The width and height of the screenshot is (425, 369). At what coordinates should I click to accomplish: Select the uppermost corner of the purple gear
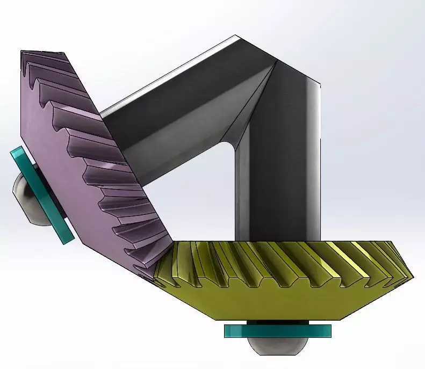point(23,52)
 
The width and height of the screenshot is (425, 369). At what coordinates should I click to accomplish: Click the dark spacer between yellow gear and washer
point(277,322)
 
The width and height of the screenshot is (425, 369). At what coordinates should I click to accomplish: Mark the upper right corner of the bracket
point(320,84)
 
